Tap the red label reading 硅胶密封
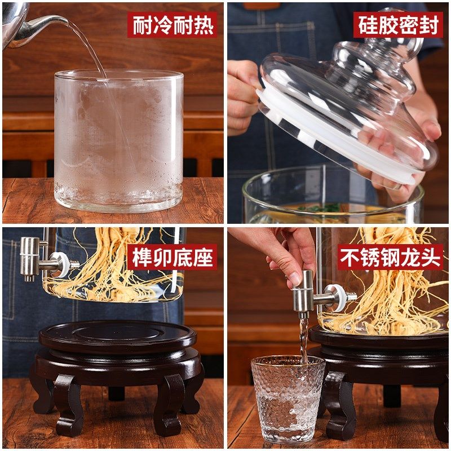(x=398, y=25)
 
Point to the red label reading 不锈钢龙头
(x=389, y=258)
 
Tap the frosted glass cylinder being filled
(x=118, y=141)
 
